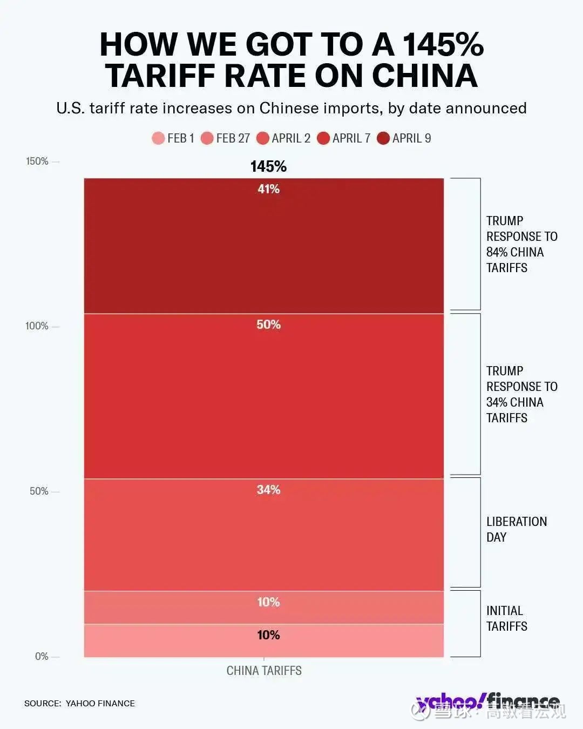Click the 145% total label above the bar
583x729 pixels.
[268, 166]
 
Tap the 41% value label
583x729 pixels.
[268, 189]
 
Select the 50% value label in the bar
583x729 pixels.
[268, 325]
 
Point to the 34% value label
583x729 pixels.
[268, 490]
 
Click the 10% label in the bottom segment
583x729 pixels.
[268, 635]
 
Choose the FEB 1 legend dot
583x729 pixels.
[158, 138]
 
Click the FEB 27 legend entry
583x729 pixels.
[226, 138]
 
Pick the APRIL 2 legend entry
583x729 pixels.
[284, 138]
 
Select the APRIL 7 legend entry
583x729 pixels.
[344, 138]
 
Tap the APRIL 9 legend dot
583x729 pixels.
[383, 138]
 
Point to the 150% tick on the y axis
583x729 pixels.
[37, 161]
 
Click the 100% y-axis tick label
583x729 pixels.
[37, 326]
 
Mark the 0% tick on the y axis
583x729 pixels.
[42, 657]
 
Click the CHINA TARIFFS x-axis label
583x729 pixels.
[264, 671]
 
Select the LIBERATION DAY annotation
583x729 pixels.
[516, 529]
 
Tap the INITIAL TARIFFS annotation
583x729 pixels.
[506, 618]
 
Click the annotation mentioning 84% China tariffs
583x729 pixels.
[521, 244]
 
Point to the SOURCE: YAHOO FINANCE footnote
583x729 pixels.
[79, 703]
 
